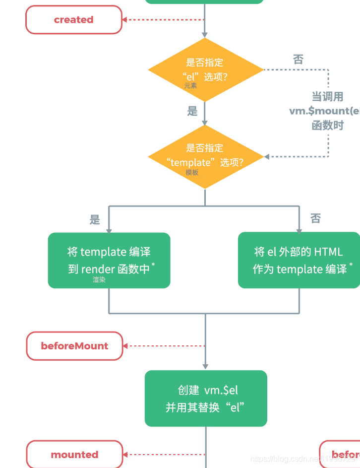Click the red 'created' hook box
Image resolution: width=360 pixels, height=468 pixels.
(73, 20)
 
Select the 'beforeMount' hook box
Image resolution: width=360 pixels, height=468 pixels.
(74, 346)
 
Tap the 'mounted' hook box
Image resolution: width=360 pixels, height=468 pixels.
(74, 455)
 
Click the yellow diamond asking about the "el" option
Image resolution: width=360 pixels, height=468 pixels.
(205, 69)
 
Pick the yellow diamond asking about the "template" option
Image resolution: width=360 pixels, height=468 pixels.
(205, 157)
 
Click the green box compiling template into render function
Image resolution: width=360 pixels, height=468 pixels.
(109, 260)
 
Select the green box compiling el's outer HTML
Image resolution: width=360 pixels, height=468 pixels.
(299, 260)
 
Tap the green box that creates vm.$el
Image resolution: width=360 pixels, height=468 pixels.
(206, 399)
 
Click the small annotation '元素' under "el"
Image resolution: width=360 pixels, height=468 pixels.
(191, 86)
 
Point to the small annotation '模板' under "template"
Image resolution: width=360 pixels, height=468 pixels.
(192, 173)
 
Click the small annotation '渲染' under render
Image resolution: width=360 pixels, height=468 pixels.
(99, 280)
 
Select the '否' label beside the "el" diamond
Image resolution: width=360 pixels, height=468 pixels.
(298, 60)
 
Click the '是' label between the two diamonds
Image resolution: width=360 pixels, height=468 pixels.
(192, 111)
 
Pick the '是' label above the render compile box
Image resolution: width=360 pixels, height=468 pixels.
(95, 219)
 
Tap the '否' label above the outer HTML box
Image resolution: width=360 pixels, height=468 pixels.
(315, 218)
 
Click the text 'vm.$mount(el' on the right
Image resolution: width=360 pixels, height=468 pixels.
(324, 111)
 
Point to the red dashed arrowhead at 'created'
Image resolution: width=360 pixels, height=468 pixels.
(125, 20)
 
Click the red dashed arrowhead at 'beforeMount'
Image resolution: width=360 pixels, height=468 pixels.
(125, 346)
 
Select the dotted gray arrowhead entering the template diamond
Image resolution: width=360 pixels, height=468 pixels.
(267, 157)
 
